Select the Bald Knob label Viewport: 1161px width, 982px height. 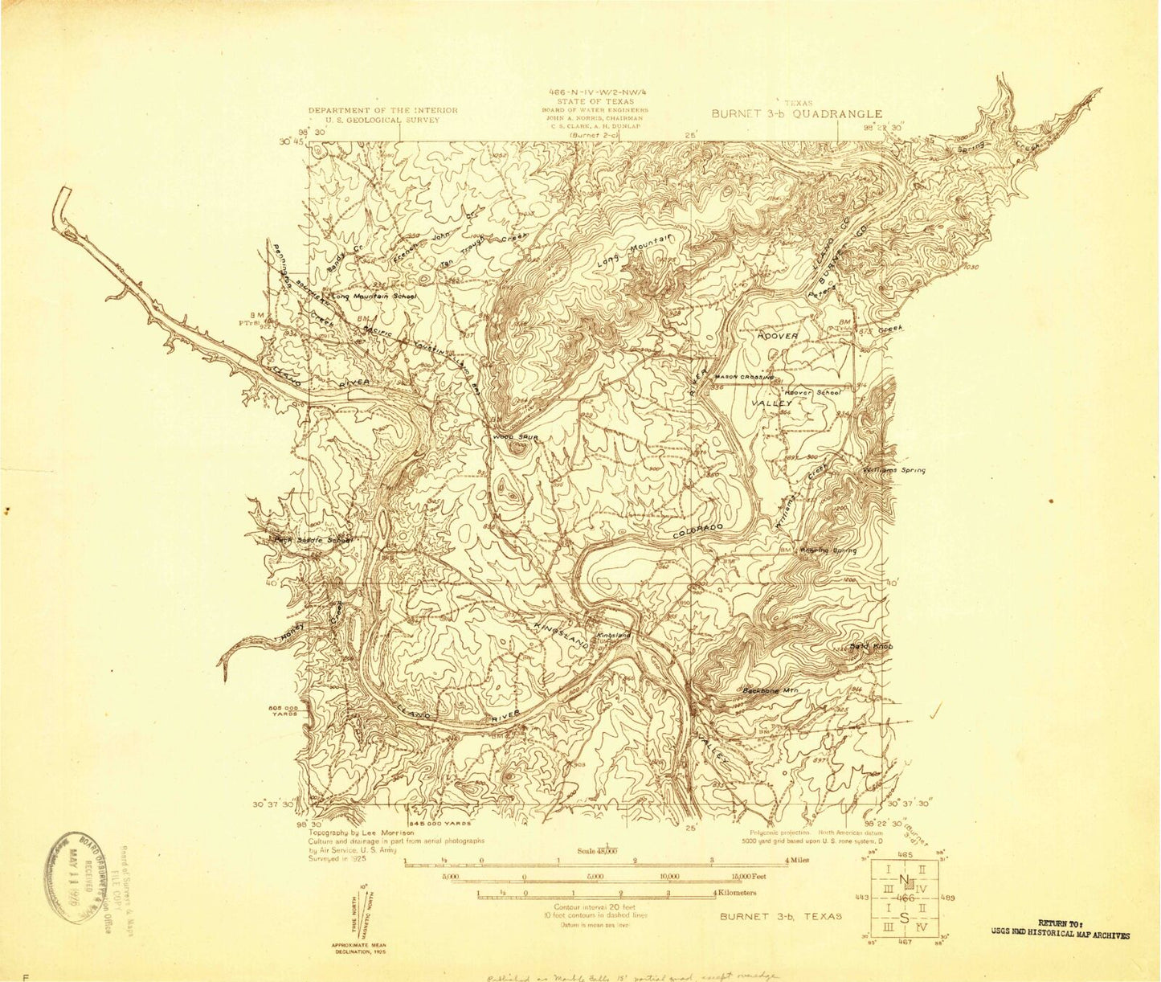click(871, 646)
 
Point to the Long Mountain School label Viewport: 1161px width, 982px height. click(375, 297)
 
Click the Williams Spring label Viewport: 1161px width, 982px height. click(894, 470)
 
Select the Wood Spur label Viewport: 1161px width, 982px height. click(515, 437)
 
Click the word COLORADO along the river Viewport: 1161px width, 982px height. click(697, 530)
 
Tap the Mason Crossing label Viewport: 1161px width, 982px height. click(745, 377)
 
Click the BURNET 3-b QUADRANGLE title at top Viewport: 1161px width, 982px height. click(796, 114)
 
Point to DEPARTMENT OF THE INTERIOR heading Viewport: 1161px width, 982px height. click(382, 110)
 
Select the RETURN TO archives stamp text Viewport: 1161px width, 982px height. click(1060, 930)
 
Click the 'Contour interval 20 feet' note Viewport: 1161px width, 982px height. click(595, 906)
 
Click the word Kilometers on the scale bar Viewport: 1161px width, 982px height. click(738, 893)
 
